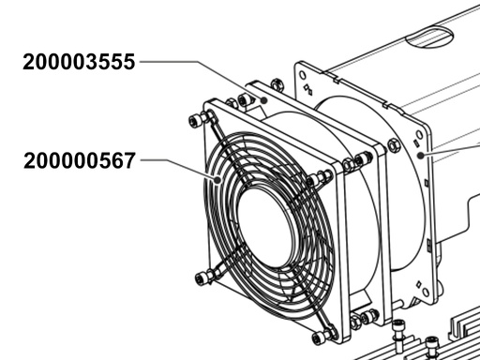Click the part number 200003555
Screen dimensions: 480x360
pyautogui.click(x=80, y=63)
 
